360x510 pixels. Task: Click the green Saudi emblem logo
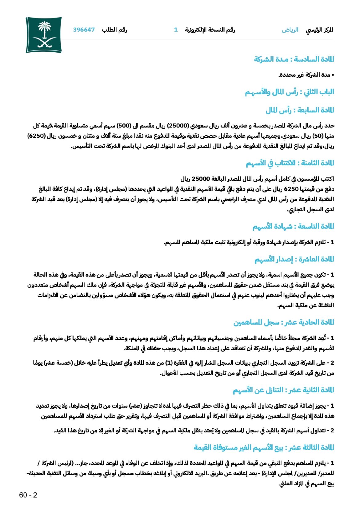[44, 35]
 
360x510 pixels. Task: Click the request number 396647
[84, 30]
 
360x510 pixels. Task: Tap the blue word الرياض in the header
[290, 30]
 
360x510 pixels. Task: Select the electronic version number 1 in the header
[176, 30]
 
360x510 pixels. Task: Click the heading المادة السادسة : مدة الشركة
[294, 59]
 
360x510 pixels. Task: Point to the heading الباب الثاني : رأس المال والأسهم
[289, 92]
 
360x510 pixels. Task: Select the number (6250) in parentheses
[37, 136]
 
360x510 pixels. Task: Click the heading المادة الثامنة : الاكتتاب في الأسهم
[290, 163]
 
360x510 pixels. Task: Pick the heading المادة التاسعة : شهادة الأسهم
[293, 227]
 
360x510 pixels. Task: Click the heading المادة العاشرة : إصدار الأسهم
[294, 259]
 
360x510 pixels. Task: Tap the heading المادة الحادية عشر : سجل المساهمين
[283, 322]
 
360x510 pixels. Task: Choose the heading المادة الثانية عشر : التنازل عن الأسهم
[283, 390]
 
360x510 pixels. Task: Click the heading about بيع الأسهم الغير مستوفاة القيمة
[264, 447]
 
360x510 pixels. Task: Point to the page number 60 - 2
[28, 495]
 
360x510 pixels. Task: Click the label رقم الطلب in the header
[114, 30]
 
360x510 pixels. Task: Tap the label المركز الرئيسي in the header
[319, 30]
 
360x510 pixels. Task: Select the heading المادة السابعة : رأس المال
[300, 110]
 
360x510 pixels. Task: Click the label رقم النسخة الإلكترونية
[210, 30]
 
